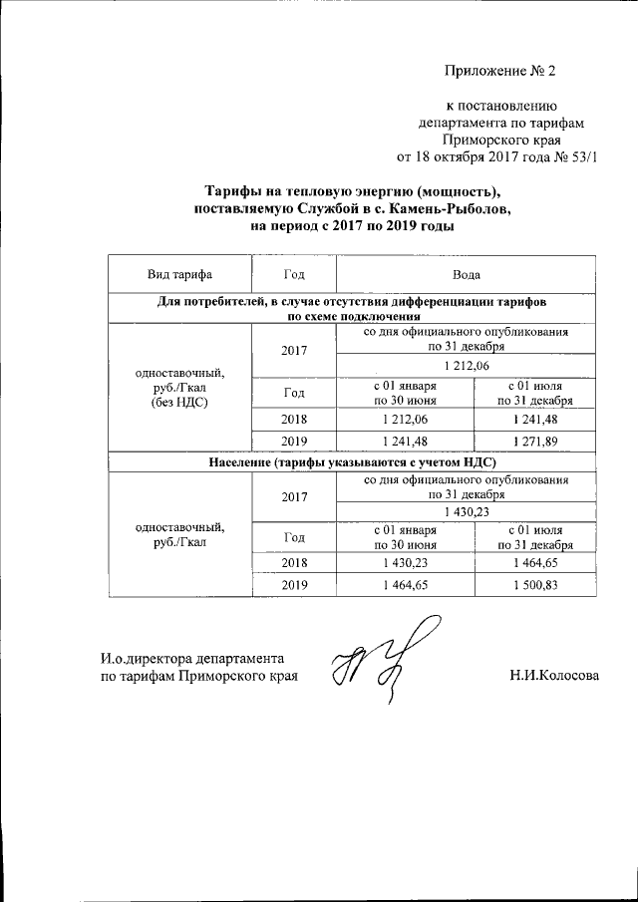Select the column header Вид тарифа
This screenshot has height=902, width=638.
click(179, 274)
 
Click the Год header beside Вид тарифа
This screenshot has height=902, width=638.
click(294, 274)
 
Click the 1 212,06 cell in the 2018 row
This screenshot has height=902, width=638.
click(405, 419)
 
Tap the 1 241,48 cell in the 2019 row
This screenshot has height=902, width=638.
click(405, 440)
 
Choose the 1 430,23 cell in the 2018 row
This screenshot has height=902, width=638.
click(405, 563)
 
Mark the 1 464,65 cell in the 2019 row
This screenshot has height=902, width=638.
click(405, 585)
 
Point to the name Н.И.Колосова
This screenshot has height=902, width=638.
click(553, 676)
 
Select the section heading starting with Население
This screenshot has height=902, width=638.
click(352, 461)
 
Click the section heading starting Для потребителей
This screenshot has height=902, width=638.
click(352, 306)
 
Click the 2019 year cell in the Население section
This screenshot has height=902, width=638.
click(294, 585)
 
